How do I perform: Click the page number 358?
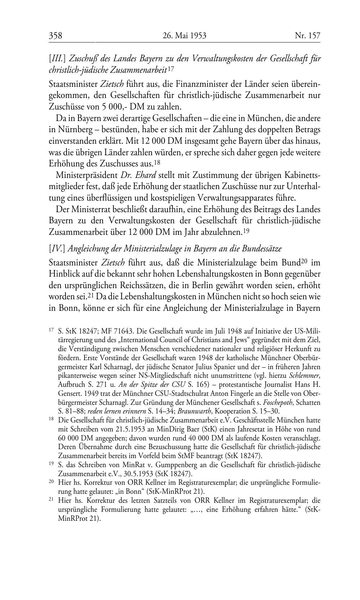coord(56,35)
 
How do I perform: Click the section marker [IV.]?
coord(57,248)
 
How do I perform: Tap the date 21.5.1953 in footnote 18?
coord(134,429)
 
